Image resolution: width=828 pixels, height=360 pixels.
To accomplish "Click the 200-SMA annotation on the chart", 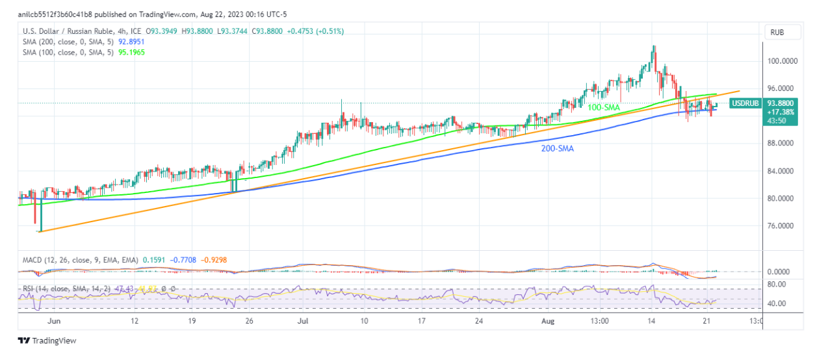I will point(557,149).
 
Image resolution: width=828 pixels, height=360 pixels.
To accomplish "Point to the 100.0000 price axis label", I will point(782,61).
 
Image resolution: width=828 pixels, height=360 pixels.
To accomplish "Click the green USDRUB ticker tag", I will point(745,103).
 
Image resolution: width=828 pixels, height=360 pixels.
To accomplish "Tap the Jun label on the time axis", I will point(55,321).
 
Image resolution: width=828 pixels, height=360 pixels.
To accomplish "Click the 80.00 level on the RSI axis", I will point(777,285).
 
